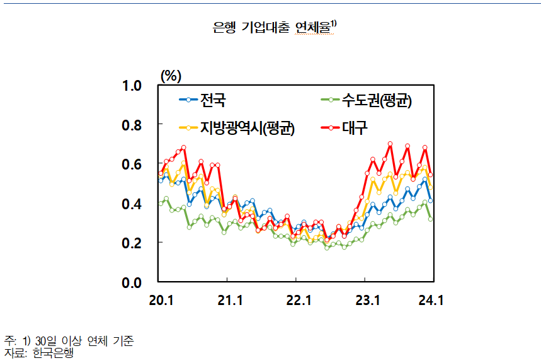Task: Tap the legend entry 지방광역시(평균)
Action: pyautogui.click(x=247, y=128)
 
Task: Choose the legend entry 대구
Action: pyautogui.click(x=355, y=128)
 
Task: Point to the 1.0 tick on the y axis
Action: pyautogui.click(x=133, y=86)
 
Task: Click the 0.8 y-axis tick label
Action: pyautogui.click(x=133, y=125)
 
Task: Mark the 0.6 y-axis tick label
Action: pyautogui.click(x=133, y=164)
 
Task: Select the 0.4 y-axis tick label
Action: pyautogui.click(x=133, y=204)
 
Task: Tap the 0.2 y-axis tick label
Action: pyautogui.click(x=133, y=243)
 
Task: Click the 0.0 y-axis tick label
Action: pyautogui.click(x=133, y=282)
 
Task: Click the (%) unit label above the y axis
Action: pyautogui.click(x=171, y=76)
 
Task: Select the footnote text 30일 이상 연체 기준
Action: pyautogui.click(x=85, y=341)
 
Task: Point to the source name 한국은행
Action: pyautogui.click(x=54, y=353)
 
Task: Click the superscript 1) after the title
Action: pyautogui.click(x=333, y=23)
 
